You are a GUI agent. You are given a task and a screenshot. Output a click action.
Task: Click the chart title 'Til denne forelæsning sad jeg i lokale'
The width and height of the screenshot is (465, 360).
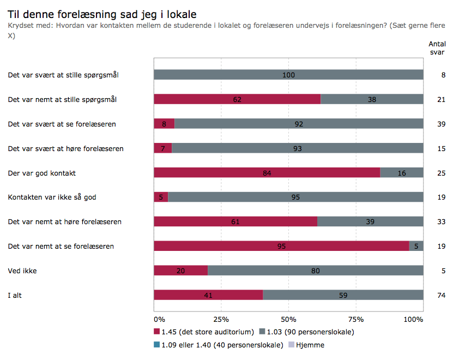(x=102, y=13)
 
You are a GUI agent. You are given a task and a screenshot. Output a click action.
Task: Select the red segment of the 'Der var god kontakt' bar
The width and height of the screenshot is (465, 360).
(x=267, y=173)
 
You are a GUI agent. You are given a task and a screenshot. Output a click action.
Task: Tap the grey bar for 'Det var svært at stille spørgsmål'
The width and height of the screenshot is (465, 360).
(x=288, y=75)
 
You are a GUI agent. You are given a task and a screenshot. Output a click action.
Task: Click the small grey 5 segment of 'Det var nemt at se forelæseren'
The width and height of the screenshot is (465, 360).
(x=416, y=246)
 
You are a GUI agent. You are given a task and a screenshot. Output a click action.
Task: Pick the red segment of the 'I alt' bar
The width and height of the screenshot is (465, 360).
(x=208, y=295)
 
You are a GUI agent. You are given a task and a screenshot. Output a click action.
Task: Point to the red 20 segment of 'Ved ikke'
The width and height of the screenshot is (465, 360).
(x=180, y=271)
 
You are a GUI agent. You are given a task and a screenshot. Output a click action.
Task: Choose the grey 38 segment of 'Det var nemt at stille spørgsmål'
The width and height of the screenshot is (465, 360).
(x=372, y=99)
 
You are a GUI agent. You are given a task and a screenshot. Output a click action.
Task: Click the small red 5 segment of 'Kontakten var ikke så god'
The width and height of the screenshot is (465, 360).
(x=161, y=197)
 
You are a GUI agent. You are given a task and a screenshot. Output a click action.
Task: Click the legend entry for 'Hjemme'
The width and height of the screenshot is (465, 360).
(x=310, y=345)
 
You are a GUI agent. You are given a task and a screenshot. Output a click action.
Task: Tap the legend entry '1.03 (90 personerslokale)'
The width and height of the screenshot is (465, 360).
(x=306, y=332)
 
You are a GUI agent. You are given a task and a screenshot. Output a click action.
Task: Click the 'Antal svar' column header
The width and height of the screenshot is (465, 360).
(x=436, y=48)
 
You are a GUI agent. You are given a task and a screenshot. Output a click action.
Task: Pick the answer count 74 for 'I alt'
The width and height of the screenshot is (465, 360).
(x=442, y=295)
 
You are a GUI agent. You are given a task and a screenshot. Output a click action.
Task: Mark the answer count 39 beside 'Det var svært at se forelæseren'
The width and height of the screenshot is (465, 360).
(x=442, y=124)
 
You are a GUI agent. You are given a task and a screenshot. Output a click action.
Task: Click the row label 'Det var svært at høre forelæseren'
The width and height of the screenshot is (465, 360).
(x=65, y=148)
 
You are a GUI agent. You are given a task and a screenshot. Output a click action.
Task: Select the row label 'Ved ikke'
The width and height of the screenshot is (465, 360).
(x=22, y=271)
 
